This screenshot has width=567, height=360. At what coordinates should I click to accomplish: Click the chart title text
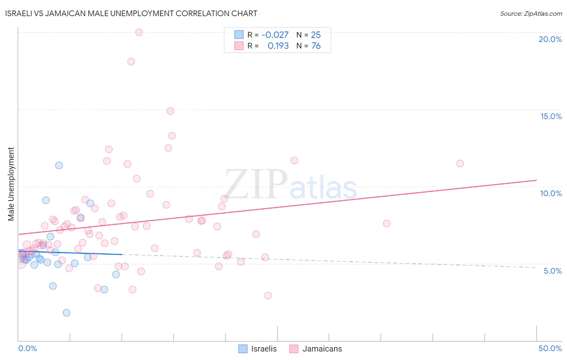[131, 13]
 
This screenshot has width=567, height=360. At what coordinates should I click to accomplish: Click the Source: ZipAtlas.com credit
[531, 13]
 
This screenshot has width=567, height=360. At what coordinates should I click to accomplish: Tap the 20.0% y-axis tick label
[550, 39]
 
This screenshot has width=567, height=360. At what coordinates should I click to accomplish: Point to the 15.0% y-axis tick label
[551, 116]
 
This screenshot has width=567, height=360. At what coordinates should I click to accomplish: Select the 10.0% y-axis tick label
[551, 193]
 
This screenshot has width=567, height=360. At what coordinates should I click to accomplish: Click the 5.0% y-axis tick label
[552, 271]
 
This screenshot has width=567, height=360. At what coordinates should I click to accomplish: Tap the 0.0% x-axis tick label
[27, 348]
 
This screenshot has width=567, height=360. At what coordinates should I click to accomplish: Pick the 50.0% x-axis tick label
[550, 348]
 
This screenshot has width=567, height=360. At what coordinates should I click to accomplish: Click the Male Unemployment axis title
[11, 184]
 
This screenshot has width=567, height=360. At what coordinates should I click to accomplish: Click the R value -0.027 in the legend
[275, 35]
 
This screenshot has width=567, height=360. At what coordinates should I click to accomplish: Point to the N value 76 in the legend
[316, 46]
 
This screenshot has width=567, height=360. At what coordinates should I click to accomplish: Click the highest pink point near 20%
[139, 32]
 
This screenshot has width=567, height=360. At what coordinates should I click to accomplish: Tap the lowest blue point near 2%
[67, 313]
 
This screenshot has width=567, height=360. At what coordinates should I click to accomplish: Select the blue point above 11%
[59, 165]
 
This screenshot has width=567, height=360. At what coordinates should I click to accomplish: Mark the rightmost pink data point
[460, 163]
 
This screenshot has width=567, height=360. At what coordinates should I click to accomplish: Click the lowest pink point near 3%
[268, 295]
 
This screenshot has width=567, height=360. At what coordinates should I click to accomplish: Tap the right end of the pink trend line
[536, 180]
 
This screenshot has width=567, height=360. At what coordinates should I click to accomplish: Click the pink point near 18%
[131, 62]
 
